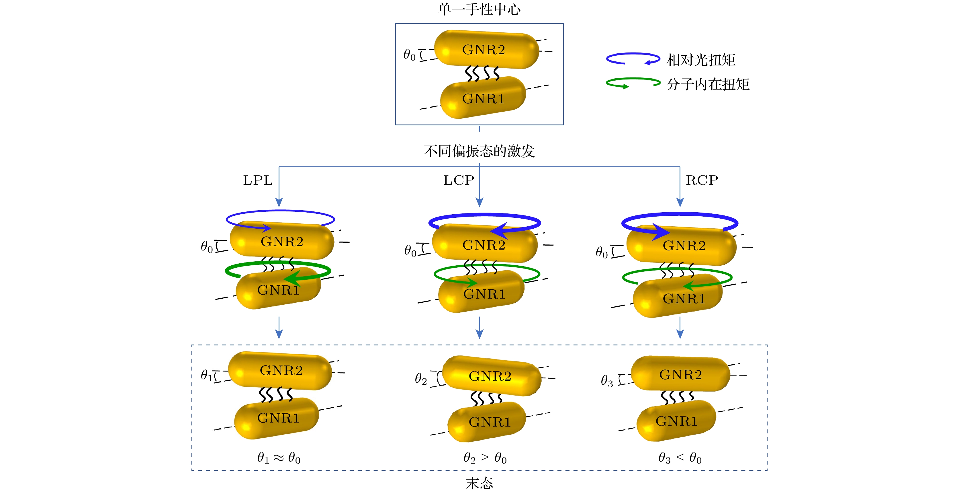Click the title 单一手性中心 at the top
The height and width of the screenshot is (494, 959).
click(x=479, y=9)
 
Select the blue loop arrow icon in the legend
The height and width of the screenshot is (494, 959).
click(x=633, y=59)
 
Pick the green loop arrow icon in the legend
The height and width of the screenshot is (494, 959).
click(x=633, y=83)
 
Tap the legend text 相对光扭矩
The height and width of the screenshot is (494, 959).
click(x=701, y=60)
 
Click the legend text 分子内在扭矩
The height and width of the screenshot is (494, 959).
click(x=708, y=84)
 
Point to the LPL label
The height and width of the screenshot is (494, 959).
click(x=258, y=180)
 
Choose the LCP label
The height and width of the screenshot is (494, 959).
click(x=459, y=180)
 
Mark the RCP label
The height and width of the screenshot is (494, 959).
click(x=702, y=180)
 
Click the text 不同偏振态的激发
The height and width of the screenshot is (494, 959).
click(x=479, y=151)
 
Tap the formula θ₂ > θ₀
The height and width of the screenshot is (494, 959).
click(x=485, y=458)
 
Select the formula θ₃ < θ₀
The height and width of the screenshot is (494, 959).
click(x=680, y=458)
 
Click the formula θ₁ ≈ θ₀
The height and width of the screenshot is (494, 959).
click(x=279, y=458)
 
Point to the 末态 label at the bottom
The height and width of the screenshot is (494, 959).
click(x=479, y=483)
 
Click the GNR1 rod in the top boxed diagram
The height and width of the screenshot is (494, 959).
click(x=483, y=98)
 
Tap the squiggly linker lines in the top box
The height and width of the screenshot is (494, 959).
click(x=482, y=73)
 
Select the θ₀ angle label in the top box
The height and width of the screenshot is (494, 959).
click(x=409, y=55)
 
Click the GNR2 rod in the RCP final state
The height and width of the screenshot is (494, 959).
click(x=680, y=374)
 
